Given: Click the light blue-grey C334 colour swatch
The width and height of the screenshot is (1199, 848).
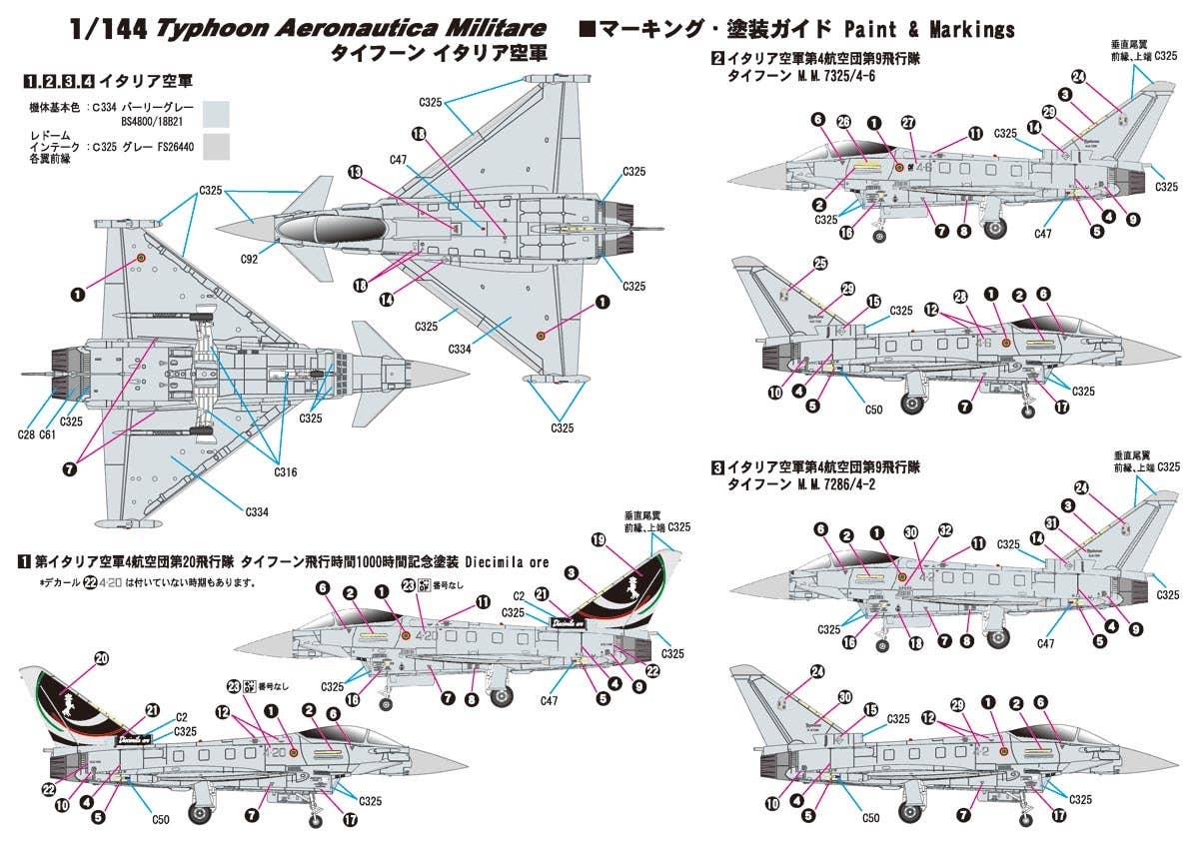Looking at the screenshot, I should click(217, 112).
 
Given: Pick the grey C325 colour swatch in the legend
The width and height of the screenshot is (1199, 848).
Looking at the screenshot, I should click(217, 148).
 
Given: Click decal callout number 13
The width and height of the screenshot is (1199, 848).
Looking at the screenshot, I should click(355, 171).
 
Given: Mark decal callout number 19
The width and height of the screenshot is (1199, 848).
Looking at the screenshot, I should click(599, 539).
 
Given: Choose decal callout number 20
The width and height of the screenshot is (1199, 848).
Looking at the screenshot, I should click(101, 658).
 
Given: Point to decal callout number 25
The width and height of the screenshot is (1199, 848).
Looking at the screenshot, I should click(820, 264).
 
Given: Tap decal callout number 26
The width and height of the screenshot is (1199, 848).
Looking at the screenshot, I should click(844, 122).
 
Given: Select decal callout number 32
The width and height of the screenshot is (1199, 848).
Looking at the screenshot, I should click(944, 531).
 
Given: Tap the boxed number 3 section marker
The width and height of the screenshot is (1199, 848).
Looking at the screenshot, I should click(717, 466).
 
